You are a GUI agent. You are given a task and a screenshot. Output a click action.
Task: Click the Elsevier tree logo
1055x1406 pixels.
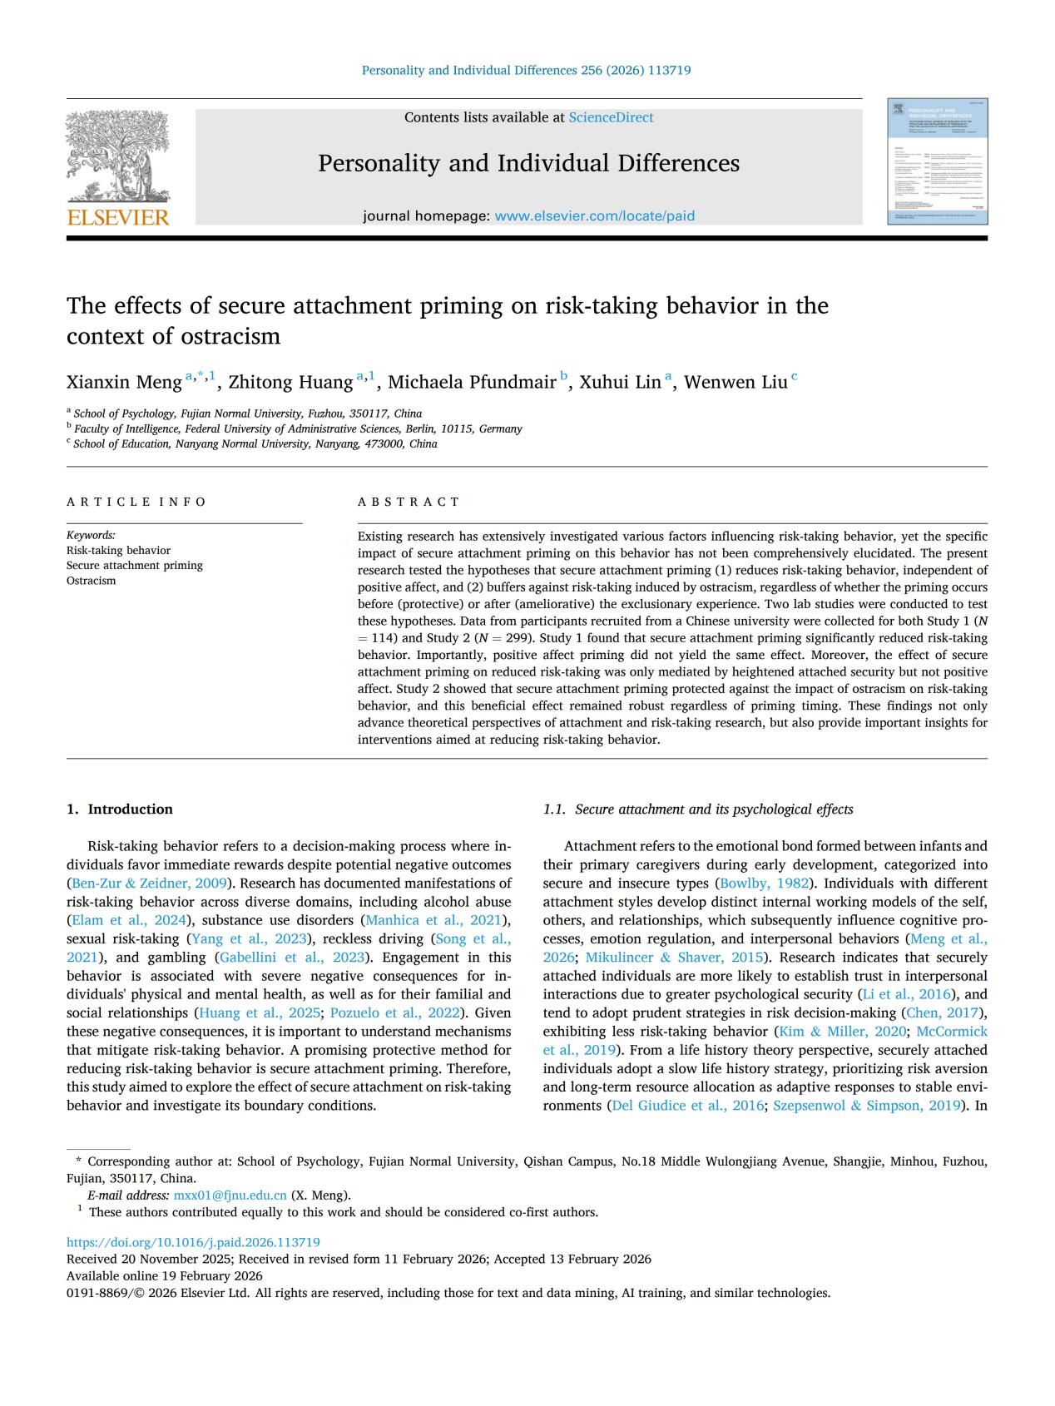[117, 156]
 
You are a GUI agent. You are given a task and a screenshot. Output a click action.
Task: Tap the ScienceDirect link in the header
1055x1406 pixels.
[611, 117]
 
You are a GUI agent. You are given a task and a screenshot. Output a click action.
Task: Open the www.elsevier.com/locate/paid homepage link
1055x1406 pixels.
[594, 216]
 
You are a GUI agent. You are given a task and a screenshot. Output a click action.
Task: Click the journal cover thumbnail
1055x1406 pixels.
[937, 162]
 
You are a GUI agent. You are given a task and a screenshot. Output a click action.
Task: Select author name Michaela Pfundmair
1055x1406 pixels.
[472, 382]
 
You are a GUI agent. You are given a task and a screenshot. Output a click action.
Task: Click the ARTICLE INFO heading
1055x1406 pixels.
[136, 502]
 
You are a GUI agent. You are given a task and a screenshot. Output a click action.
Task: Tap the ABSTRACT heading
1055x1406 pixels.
[409, 502]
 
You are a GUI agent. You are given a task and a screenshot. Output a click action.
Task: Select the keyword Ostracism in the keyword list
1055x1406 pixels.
[92, 581]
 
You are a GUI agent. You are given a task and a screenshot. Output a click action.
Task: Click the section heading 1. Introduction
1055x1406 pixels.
[120, 809]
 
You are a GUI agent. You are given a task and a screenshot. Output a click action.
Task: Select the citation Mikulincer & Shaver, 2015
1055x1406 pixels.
[674, 958]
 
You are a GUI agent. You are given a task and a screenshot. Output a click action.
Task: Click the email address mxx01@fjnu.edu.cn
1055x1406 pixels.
[230, 1196]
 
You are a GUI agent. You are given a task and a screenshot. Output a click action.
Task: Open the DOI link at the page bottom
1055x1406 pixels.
[193, 1242]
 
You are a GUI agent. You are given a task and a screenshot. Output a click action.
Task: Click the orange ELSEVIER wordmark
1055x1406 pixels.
[118, 218]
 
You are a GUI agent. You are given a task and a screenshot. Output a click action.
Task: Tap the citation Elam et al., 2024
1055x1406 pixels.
[129, 920]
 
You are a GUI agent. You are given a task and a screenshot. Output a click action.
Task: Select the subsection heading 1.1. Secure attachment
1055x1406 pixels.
[697, 809]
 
